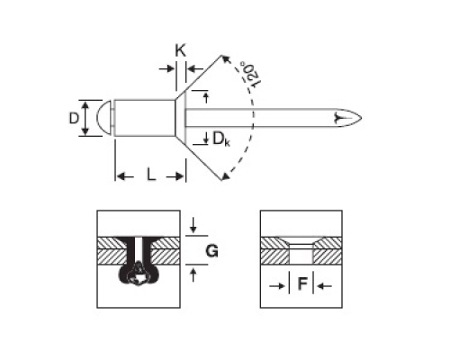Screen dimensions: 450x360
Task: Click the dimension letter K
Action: coord(181,50)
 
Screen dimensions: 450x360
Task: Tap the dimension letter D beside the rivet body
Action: coord(74,118)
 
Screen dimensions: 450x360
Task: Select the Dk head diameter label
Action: coord(221,139)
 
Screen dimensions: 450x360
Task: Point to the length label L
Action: coord(151,175)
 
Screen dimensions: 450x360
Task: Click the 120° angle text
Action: coord(250,75)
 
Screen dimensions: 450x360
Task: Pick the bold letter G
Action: coord(211,251)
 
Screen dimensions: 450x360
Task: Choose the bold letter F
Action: coord(302,283)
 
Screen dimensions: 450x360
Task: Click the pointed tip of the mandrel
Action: coord(362,118)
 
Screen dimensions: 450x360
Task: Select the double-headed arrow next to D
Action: coord(85,118)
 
